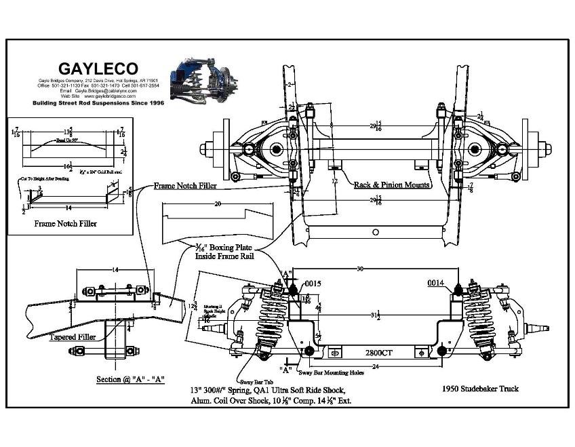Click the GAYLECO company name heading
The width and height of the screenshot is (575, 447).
coord(98,69)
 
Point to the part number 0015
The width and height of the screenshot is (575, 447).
coord(313,282)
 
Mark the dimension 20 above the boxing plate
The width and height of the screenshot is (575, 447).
coord(218,203)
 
